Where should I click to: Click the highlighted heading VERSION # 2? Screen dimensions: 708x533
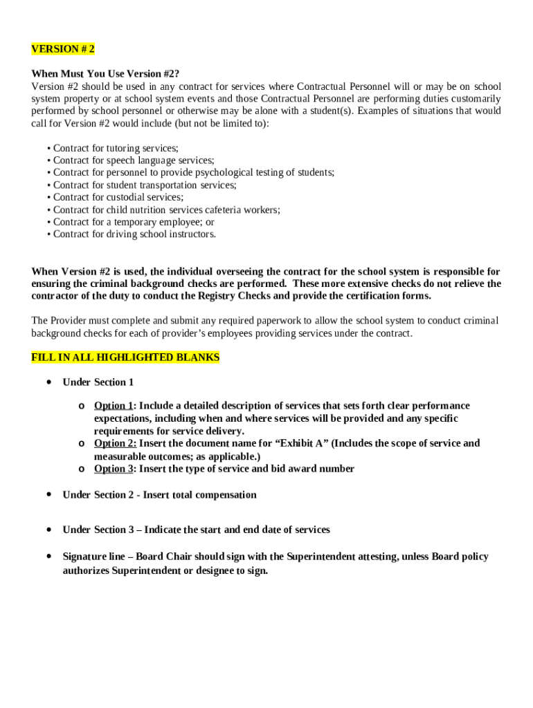[x=63, y=49]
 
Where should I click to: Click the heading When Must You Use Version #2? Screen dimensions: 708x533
[x=106, y=74]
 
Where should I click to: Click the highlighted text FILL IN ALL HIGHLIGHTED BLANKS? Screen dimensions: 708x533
[x=125, y=357]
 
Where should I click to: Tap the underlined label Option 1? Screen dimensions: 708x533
[x=114, y=406]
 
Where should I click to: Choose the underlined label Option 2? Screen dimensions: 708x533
[x=116, y=443]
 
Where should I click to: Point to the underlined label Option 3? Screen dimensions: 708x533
[x=114, y=469]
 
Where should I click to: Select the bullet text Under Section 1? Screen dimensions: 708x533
[x=98, y=382]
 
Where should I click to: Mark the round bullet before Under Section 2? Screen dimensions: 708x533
[x=48, y=494]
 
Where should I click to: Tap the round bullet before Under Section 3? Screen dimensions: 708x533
[x=48, y=530]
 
